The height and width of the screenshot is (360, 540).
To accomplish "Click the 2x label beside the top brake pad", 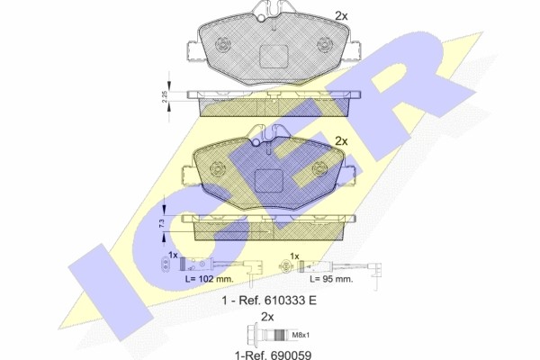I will [341, 15].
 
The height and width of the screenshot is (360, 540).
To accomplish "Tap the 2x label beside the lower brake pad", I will [341, 140].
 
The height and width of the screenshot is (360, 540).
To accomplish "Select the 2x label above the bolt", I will [266, 317].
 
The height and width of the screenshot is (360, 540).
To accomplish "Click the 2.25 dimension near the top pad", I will [165, 95].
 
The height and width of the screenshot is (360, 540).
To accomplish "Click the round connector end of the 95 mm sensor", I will [286, 266].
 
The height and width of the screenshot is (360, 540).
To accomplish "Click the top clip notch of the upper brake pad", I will [267, 13].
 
